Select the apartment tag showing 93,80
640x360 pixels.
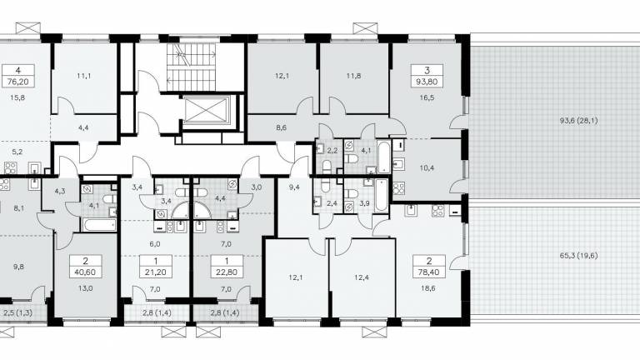click(427, 76)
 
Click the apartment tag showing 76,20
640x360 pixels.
click(18, 76)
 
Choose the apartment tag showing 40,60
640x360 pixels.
click(86, 266)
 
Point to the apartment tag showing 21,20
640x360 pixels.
click(156, 266)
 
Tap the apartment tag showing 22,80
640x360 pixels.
click(227, 266)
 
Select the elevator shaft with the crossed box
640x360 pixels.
click(207, 109)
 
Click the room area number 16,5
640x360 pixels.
click(427, 98)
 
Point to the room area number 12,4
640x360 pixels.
click(362, 277)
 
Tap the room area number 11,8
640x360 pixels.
click(353, 76)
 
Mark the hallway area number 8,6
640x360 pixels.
click(281, 127)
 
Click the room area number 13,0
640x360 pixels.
click(86, 288)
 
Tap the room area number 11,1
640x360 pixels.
click(83, 76)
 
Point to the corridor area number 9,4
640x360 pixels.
click(294, 187)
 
